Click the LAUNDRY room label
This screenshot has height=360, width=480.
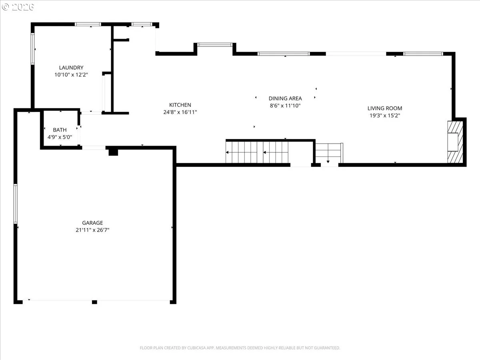[x=71, y=68]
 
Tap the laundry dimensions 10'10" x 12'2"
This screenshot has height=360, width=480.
[x=71, y=75]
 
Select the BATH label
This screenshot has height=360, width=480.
[x=60, y=130]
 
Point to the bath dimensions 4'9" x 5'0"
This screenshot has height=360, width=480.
[x=60, y=137]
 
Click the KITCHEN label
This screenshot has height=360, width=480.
[x=180, y=105]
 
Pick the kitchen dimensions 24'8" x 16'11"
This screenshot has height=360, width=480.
[x=180, y=112]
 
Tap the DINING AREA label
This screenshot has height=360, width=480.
[x=285, y=98]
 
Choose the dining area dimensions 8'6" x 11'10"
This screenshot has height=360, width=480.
[x=285, y=106]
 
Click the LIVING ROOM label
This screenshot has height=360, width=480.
[x=385, y=108]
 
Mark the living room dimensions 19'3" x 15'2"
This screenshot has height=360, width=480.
[x=385, y=116]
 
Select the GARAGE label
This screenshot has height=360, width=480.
[x=92, y=223]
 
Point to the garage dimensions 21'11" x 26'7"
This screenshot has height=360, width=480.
[x=92, y=230]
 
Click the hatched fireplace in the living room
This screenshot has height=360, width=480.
[x=455, y=142]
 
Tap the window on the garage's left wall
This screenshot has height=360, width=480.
[x=15, y=204]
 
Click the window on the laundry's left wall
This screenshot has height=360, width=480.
[x=32, y=48]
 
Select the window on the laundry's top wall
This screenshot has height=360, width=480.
[x=88, y=24]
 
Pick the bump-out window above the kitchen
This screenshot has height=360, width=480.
[x=215, y=45]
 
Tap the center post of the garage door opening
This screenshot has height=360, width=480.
[x=94, y=302]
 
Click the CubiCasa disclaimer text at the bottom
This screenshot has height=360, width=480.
[x=240, y=348]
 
